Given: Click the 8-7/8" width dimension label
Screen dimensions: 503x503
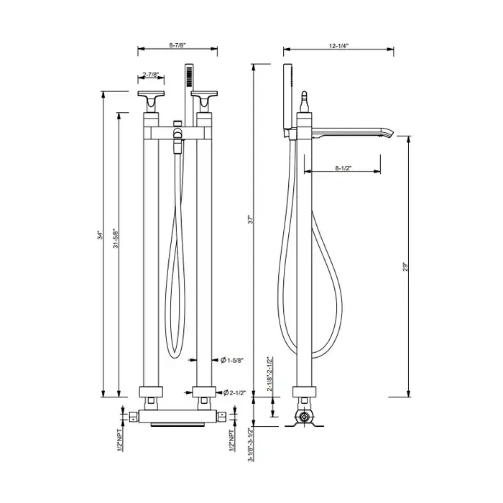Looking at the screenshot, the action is (x=177, y=45).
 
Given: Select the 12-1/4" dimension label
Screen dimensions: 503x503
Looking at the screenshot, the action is (x=338, y=46).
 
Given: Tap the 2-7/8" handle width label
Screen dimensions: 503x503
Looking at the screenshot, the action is (x=151, y=75).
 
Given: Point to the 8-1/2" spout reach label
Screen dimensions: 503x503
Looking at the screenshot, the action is (x=343, y=168).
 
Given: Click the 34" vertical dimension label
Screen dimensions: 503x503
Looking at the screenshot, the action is (x=101, y=235).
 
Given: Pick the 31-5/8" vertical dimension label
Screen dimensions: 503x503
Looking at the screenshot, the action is (x=116, y=238).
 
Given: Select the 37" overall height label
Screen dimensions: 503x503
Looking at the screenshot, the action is (x=251, y=219).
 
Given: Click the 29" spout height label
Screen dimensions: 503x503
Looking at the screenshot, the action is (x=405, y=267).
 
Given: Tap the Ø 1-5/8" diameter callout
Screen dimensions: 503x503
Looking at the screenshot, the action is (x=232, y=360).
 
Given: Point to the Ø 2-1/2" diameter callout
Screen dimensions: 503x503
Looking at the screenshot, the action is (x=234, y=392).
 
